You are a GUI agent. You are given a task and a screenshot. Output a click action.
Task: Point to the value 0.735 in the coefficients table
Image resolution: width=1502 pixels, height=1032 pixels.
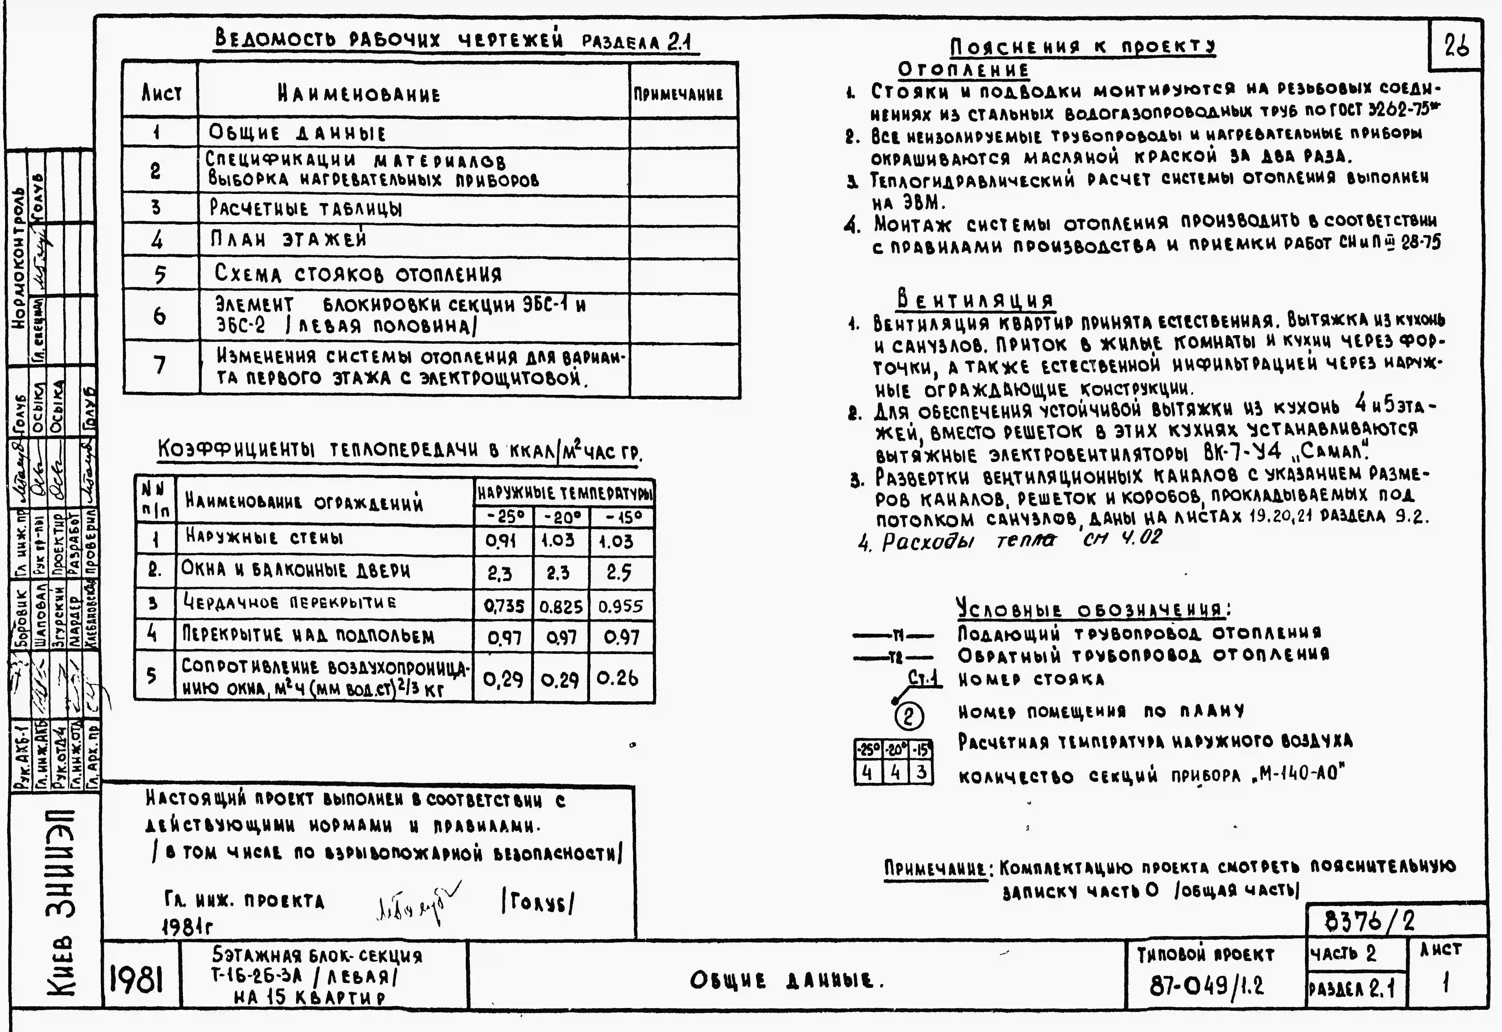pyautogui.click(x=503, y=606)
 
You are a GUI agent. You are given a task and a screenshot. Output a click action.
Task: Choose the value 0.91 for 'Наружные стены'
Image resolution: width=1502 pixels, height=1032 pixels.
pyautogui.click(x=501, y=541)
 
